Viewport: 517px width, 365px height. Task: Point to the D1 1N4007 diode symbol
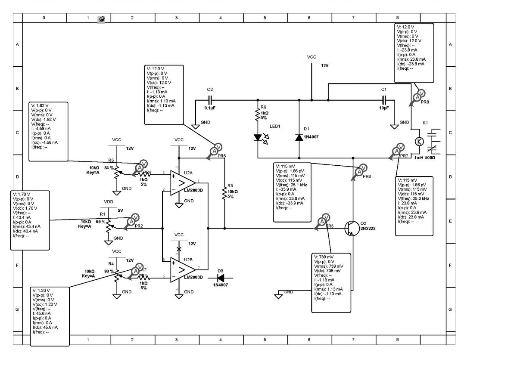pos(299,137)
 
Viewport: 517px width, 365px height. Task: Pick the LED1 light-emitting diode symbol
pos(258,138)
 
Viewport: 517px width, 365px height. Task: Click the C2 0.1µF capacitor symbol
pos(210,100)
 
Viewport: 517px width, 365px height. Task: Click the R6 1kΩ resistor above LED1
pos(258,114)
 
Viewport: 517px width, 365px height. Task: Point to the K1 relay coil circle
pos(419,141)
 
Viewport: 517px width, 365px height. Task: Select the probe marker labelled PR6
pos(360,170)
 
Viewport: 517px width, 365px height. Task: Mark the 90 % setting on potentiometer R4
pos(109,272)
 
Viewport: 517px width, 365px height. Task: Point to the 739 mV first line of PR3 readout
pos(328,257)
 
